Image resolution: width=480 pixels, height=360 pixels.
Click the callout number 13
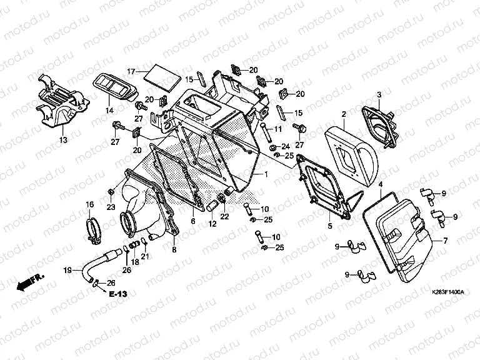pos(62,141)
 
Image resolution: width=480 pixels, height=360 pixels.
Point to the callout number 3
pos(378,94)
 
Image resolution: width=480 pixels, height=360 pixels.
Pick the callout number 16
pos(89,204)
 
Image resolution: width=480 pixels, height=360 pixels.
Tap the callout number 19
pos(69,270)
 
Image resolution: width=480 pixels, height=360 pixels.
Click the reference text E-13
pos(118,294)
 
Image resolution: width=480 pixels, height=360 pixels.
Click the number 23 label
pos(111,207)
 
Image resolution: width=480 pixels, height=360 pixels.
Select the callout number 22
pos(225,217)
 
